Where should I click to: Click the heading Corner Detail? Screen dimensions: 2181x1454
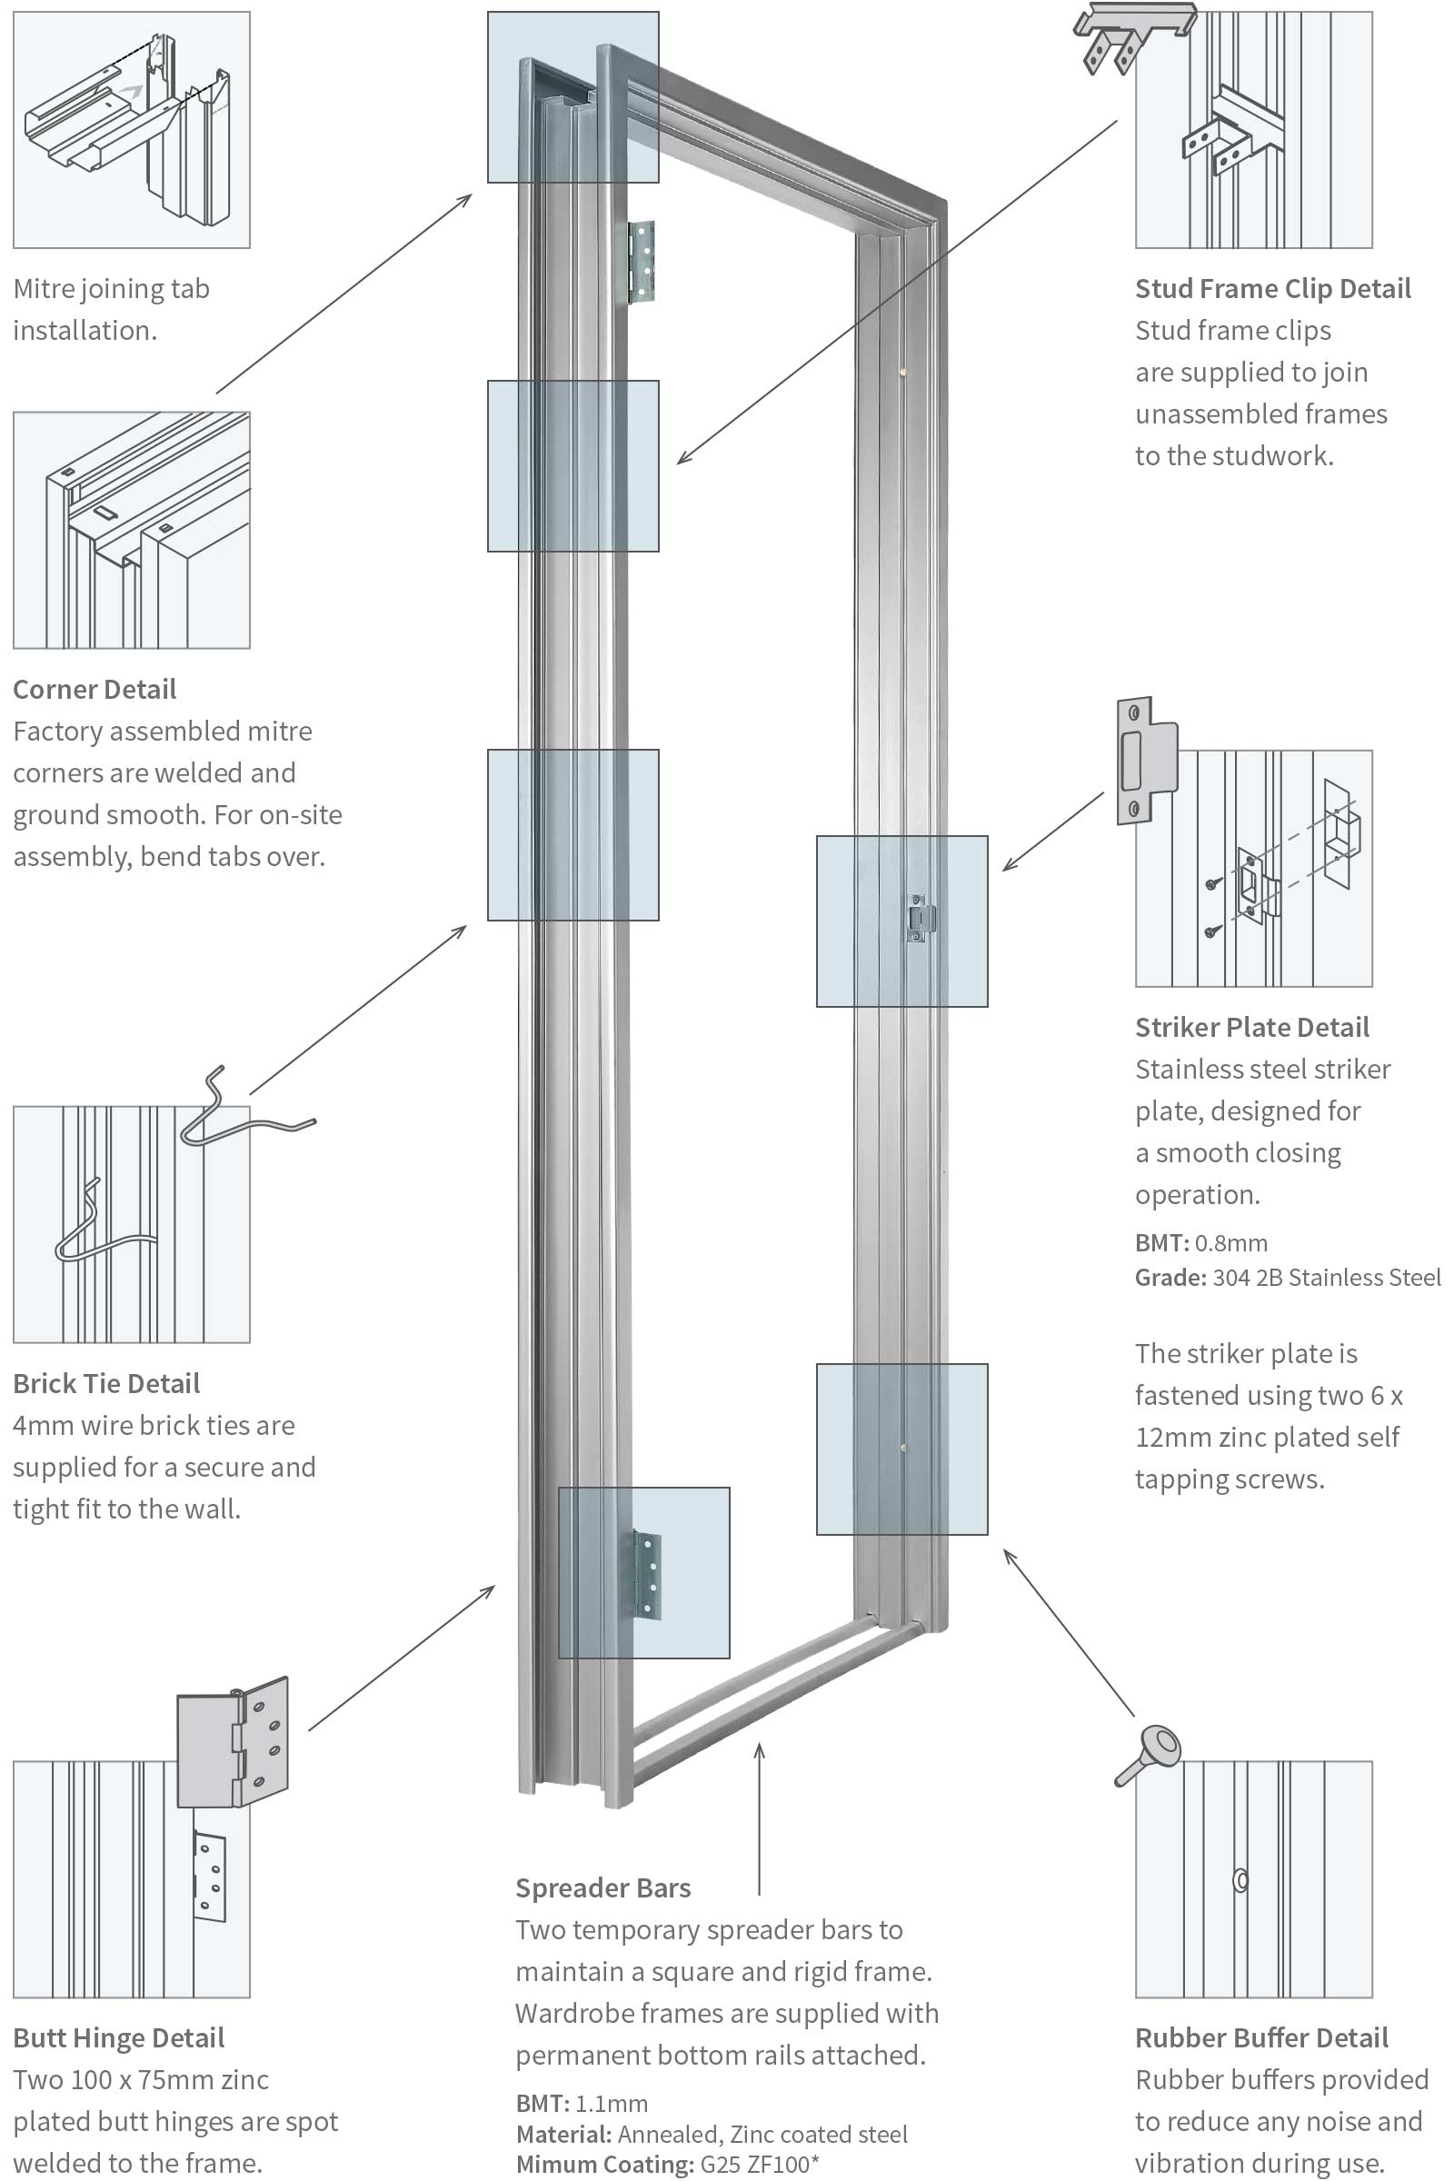coord(95,689)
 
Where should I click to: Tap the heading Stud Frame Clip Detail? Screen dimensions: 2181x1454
coord(1272,288)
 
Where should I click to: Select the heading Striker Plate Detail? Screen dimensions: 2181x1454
coord(1252,1027)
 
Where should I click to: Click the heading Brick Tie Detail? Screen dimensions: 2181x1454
coord(106,1382)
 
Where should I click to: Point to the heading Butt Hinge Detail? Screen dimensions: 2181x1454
coord(119,2037)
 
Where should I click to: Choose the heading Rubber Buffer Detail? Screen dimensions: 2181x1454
coord(1261,2037)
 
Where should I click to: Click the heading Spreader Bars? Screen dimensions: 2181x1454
coord(603,1887)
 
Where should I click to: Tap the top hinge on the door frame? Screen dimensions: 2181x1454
coord(641,263)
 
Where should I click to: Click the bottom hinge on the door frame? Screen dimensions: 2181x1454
coord(647,1576)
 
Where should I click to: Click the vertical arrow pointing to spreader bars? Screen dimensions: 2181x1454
coord(760,1817)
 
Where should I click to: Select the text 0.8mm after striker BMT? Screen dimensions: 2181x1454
coord(1230,1242)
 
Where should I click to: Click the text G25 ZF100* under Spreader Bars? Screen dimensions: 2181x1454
coord(760,2165)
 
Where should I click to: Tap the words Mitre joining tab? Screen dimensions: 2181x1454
coord(111,288)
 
